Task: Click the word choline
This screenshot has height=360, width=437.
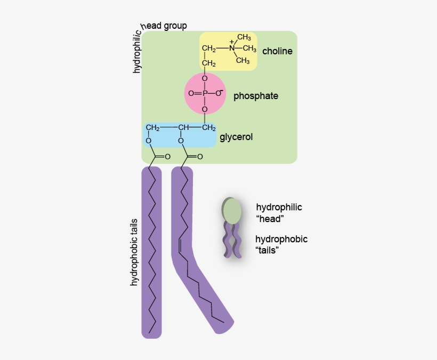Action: (x=277, y=51)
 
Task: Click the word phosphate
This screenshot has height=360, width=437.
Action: (x=255, y=96)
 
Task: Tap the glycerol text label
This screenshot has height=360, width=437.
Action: (x=236, y=137)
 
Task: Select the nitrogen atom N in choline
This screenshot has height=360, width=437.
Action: (x=232, y=49)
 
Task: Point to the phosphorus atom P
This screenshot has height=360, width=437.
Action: (x=205, y=93)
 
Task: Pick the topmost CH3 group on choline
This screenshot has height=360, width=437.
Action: (x=244, y=37)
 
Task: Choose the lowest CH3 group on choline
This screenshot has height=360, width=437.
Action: (x=242, y=61)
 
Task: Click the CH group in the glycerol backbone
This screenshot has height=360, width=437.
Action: (x=184, y=128)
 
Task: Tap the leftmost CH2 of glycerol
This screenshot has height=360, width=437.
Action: (x=152, y=128)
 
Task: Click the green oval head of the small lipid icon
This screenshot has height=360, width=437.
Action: (x=232, y=210)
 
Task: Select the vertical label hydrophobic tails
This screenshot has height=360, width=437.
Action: (x=134, y=252)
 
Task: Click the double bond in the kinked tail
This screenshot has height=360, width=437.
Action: (x=181, y=246)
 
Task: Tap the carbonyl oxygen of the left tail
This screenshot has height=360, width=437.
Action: (x=167, y=157)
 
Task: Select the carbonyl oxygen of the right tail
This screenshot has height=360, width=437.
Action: (x=200, y=157)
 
